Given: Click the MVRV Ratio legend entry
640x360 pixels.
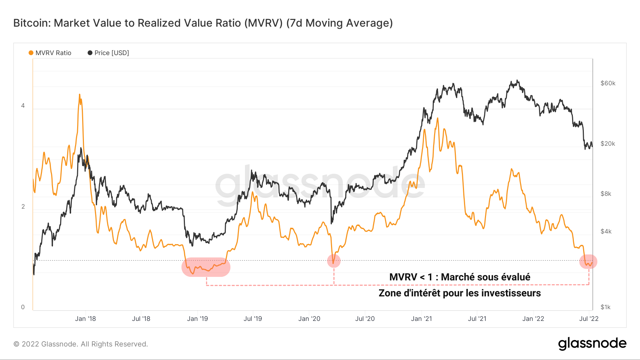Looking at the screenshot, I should [x=50, y=53].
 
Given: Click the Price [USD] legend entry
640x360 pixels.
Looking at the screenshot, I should [x=108, y=53].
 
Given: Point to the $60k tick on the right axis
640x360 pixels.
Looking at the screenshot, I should [x=608, y=83].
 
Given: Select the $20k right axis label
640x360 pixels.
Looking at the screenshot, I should [x=608, y=144].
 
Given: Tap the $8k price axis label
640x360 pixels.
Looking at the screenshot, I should [x=606, y=194].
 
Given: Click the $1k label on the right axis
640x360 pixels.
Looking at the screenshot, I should [x=606, y=307].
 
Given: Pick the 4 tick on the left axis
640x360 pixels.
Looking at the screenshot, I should [x=23, y=106].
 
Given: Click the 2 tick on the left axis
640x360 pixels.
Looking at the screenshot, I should [x=23, y=206].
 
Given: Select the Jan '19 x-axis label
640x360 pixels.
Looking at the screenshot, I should [x=197, y=319].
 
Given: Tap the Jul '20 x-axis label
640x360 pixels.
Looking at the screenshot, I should [x=365, y=319].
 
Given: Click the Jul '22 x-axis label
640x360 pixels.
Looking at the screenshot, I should [x=589, y=319].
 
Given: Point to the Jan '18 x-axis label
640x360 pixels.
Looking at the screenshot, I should [x=85, y=319].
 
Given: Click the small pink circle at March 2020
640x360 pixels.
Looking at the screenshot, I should [x=334, y=261].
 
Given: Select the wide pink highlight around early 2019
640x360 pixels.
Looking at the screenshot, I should [x=206, y=267].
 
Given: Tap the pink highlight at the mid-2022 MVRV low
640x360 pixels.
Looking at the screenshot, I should [x=588, y=262].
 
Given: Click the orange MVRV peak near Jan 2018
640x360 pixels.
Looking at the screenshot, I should [x=80, y=95].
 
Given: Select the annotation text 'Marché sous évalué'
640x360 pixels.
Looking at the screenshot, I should [x=485, y=277].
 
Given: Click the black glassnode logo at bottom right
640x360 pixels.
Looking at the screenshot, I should [x=592, y=344].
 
